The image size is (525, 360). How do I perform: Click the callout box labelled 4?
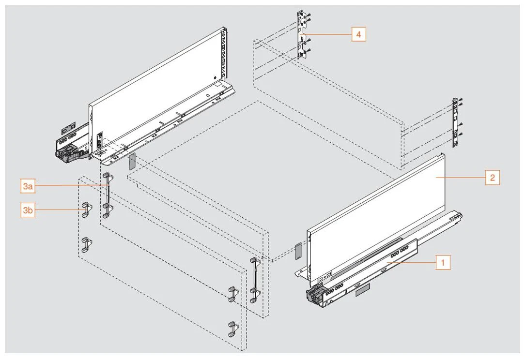(358, 35)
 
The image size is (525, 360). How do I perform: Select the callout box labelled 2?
(492, 178)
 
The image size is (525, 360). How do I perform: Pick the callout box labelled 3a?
(28, 185)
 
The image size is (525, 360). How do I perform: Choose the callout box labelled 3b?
(28, 210)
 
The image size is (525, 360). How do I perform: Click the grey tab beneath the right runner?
(362, 289)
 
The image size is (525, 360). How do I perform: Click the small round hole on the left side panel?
(214, 77)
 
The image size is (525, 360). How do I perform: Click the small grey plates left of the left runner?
(68, 127)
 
